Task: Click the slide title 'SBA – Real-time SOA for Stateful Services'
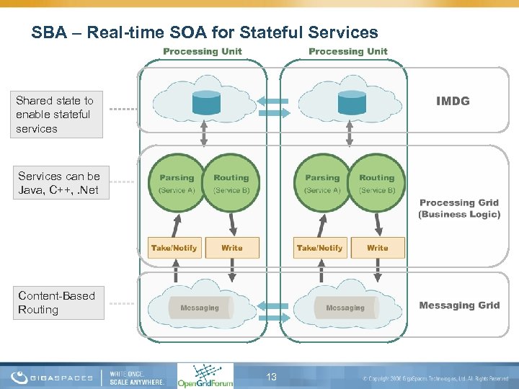pyautogui.click(x=205, y=32)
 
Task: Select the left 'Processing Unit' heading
pyautogui.click(x=203, y=51)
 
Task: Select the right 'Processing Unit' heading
pyautogui.click(x=348, y=51)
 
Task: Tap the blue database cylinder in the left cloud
pyautogui.click(x=206, y=103)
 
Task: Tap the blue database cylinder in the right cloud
pyautogui.click(x=352, y=103)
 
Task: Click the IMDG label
pyautogui.click(x=453, y=101)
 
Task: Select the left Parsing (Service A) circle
pyautogui.click(x=177, y=183)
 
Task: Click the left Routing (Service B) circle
pyautogui.click(x=231, y=183)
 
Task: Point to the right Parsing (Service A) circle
pyautogui.click(x=322, y=183)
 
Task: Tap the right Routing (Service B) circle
pyautogui.click(x=376, y=183)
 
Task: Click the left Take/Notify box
pyautogui.click(x=174, y=248)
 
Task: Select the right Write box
pyautogui.click(x=378, y=248)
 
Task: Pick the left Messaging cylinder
pyautogui.click(x=200, y=308)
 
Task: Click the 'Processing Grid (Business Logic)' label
pyautogui.click(x=459, y=208)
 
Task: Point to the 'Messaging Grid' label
pyautogui.click(x=459, y=305)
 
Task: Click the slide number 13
pyautogui.click(x=272, y=377)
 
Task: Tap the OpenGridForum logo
pyautogui.click(x=205, y=375)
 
